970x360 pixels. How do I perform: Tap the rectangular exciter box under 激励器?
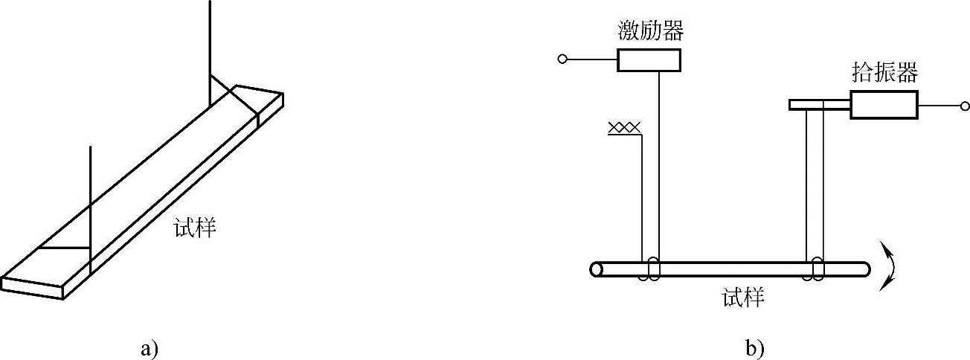tap(649, 60)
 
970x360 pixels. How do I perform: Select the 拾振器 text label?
tap(884, 74)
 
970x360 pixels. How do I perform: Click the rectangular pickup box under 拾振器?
tap(884, 105)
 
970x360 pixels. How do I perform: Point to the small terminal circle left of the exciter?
tap(563, 59)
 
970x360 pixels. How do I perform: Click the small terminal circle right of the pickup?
tap(964, 106)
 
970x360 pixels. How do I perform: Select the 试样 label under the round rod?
tap(743, 298)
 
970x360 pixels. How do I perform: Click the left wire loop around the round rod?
tap(652, 269)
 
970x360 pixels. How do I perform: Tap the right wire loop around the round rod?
tap(818, 269)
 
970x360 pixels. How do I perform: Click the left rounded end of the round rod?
tap(596, 269)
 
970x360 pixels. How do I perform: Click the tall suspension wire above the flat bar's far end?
tap(211, 45)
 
